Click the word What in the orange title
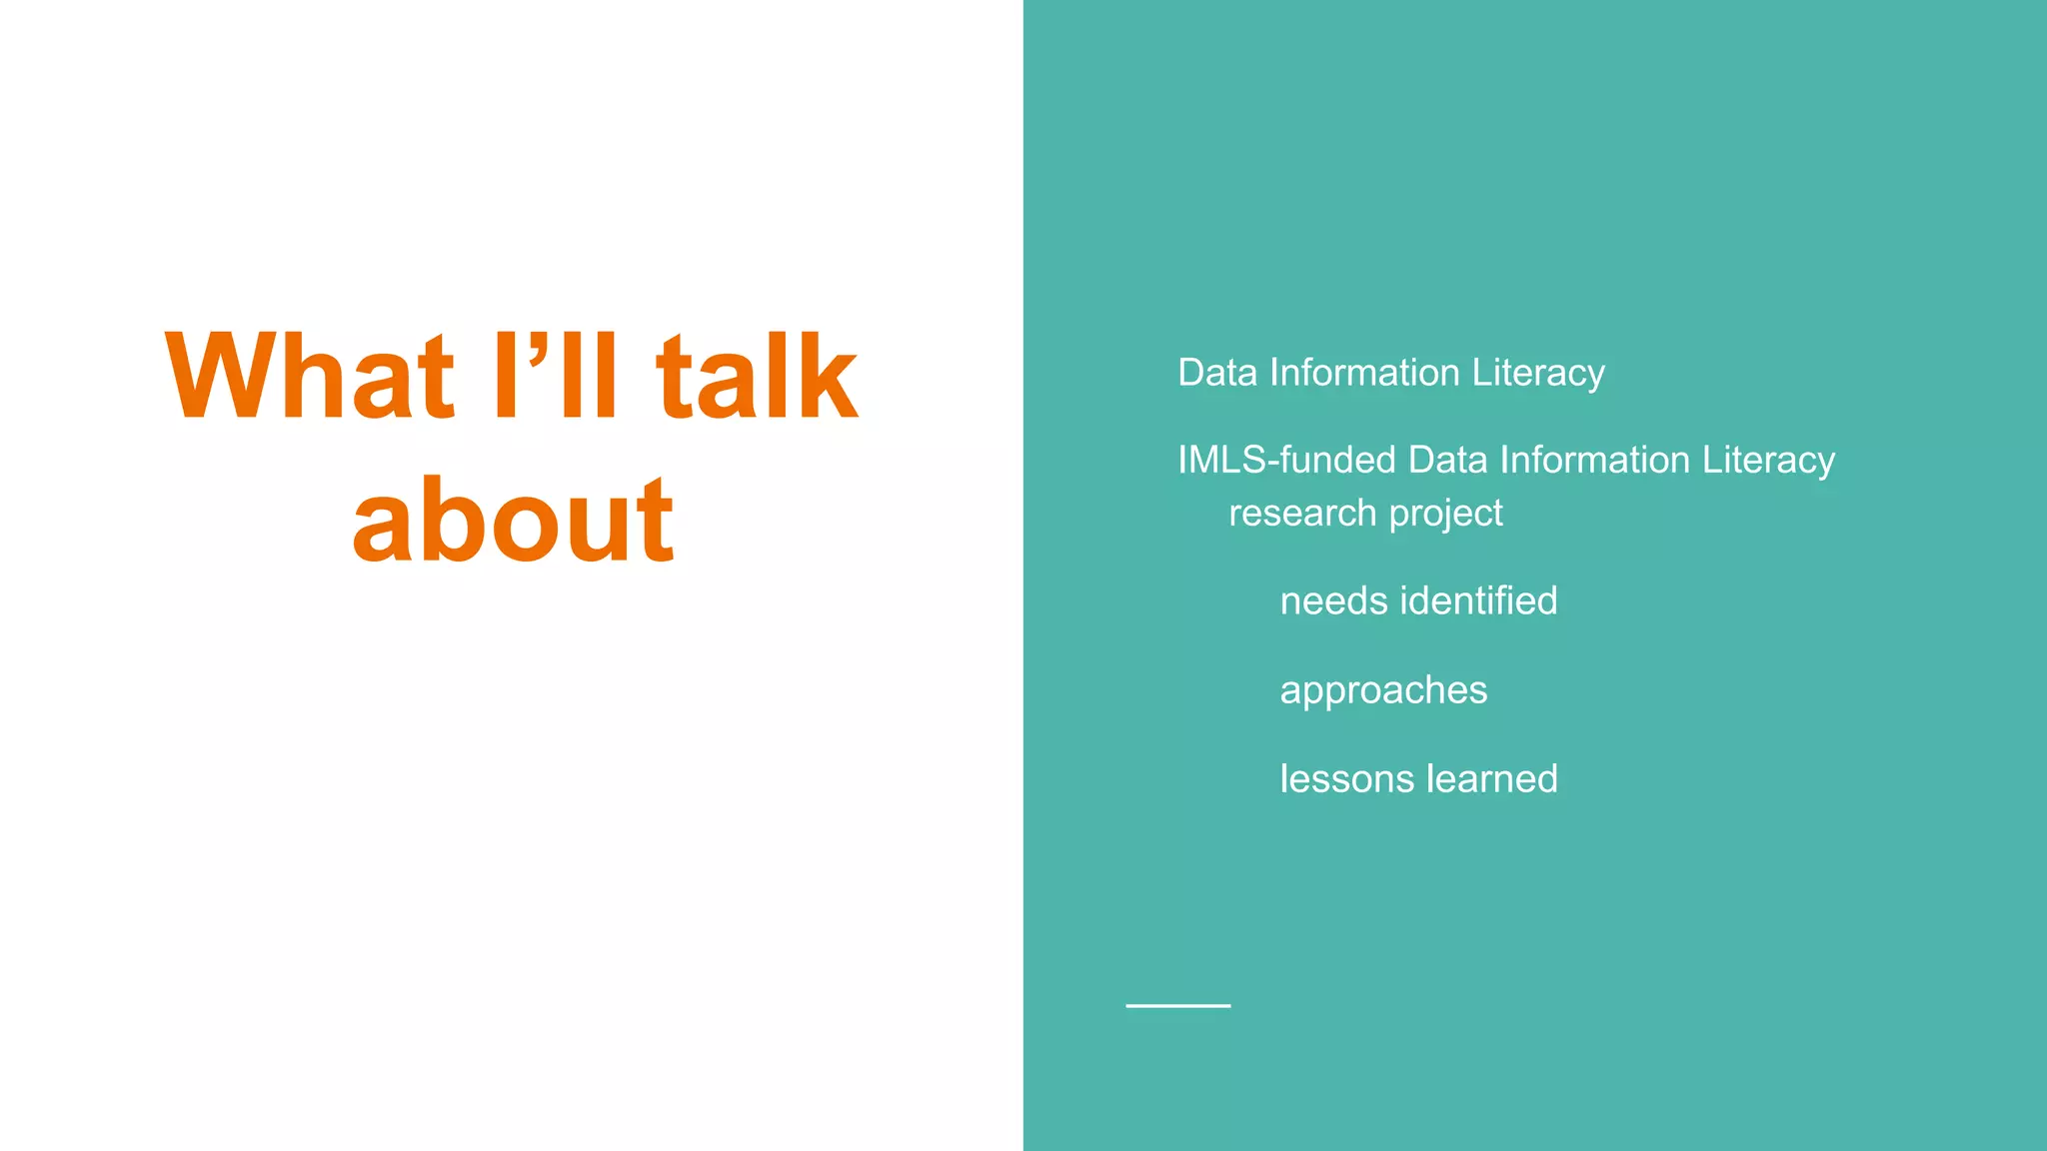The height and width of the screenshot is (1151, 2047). point(310,377)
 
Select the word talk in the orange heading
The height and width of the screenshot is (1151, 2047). point(757,377)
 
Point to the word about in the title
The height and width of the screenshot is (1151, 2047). point(513,521)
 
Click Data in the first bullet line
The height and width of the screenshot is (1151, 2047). point(1216,373)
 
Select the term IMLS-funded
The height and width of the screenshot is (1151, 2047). point(1286,460)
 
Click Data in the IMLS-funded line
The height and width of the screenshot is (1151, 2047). point(1447,460)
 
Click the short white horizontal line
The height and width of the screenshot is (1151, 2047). point(1177,1005)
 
